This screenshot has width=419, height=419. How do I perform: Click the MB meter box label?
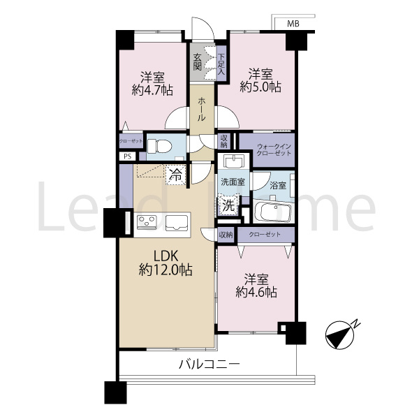[293, 24]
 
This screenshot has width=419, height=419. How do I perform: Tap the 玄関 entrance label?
[198, 61]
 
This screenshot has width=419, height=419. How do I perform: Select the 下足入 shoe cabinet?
[221, 64]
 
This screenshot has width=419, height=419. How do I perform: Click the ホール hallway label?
[202, 109]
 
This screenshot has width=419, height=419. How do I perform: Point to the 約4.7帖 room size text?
[152, 90]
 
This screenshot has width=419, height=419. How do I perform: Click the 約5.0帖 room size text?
[260, 87]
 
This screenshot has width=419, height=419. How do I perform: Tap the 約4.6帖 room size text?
[256, 292]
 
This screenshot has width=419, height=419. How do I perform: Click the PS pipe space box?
[128, 156]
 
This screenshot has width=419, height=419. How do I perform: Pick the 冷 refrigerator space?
[175, 175]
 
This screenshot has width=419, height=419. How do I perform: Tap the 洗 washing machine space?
[228, 205]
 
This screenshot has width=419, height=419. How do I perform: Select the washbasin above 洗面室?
[233, 161]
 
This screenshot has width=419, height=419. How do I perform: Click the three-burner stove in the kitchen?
[147, 222]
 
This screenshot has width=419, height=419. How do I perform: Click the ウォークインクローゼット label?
[274, 150]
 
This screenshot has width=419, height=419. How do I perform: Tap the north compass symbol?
[339, 335]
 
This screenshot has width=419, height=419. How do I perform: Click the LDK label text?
[165, 256]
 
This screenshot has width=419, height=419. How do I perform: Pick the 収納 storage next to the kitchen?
[226, 235]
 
